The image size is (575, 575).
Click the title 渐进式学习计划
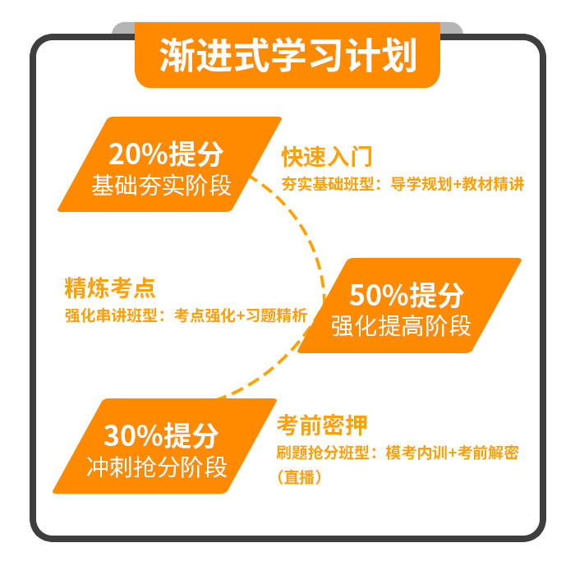[287, 55]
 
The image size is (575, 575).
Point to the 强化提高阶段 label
[402, 325]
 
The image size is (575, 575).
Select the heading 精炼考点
[110, 288]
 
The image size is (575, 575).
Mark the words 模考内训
[413, 453]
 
